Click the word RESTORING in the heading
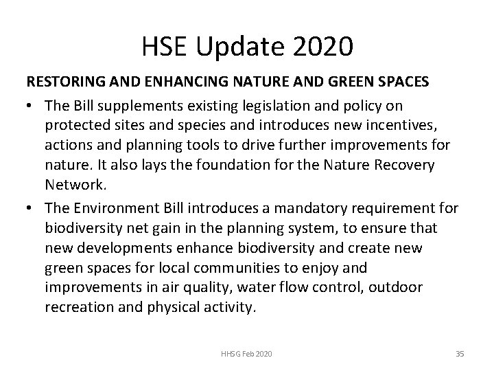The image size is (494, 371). [64, 82]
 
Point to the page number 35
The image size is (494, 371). [460, 353]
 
